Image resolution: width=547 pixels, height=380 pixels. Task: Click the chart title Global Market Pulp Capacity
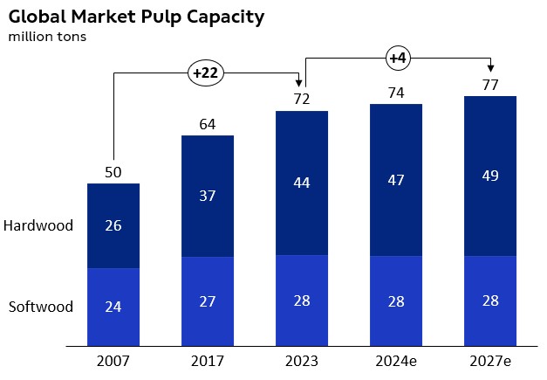coord(136,17)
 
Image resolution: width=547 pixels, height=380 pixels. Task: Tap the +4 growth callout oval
coord(397,59)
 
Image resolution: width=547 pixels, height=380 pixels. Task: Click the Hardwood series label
coord(38,225)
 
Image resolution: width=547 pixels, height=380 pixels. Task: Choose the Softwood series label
coord(40,307)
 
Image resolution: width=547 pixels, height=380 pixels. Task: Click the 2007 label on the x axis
coord(113,361)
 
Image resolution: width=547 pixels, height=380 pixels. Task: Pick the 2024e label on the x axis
coord(396,361)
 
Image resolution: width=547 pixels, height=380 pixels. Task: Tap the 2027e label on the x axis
coord(490,361)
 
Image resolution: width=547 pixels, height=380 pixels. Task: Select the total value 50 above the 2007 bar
coord(113,172)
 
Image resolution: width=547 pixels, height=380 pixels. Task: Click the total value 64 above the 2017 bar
coord(207,124)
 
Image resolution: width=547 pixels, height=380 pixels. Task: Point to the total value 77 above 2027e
coord(490,85)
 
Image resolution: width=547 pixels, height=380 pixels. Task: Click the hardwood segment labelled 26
coord(113,225)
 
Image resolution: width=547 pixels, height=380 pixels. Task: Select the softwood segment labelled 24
coord(113,307)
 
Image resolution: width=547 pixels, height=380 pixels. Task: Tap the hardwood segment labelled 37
coord(207,197)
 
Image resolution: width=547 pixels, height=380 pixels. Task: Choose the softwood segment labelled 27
coord(207,301)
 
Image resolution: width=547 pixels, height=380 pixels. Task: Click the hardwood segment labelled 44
coord(301,183)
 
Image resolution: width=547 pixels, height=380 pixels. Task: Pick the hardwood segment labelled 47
coord(396,180)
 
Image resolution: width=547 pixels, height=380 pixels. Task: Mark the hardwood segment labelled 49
coord(490,176)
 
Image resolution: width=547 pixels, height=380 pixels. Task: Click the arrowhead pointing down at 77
coord(490,70)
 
